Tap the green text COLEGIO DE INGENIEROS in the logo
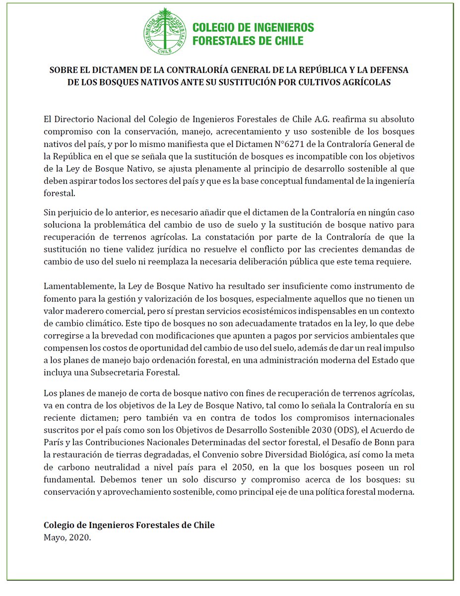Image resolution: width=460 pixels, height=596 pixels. pyautogui.click(x=253, y=27)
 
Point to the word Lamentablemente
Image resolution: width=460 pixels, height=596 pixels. pyautogui.click(x=75, y=287)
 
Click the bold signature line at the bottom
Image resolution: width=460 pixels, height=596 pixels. pyautogui.click(x=129, y=525)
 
